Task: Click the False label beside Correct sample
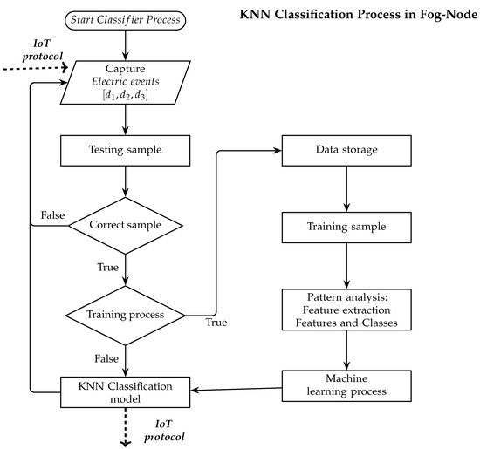click(52, 215)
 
